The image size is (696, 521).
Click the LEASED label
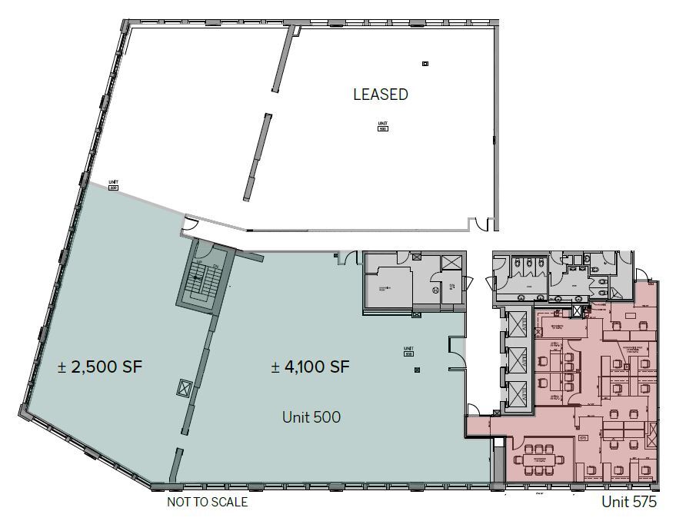point(380,95)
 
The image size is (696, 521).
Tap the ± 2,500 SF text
point(100,367)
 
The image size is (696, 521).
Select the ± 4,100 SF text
point(310,367)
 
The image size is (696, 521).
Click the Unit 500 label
point(311,417)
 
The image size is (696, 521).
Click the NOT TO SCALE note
point(208,503)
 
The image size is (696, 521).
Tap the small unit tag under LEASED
point(382,126)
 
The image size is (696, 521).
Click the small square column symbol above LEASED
point(425,64)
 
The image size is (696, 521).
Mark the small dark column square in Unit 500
point(417,370)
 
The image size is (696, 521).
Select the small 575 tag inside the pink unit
point(583,439)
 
